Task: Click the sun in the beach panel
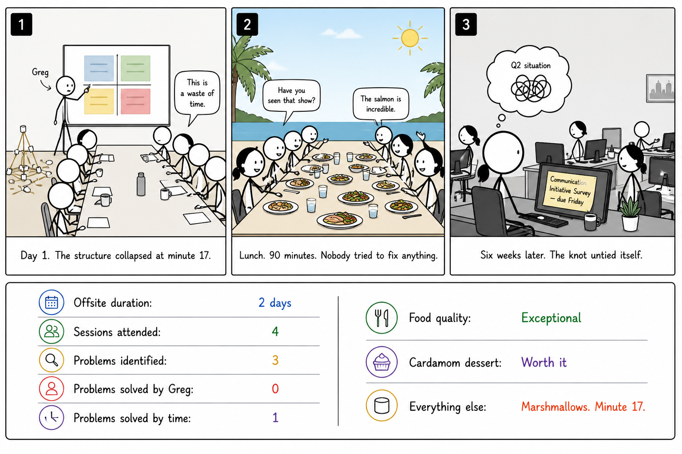410,38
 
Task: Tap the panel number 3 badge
466,24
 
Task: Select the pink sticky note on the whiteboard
135,101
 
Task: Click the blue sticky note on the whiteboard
99,68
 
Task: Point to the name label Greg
40,72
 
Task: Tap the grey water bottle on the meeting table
141,184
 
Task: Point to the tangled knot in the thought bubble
531,88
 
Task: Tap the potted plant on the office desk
630,215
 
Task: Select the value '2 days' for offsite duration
275,303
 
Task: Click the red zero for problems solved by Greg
275,389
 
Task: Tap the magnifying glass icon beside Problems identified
52,360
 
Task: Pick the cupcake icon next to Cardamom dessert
381,362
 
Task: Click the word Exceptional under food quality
551,318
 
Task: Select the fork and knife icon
381,318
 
